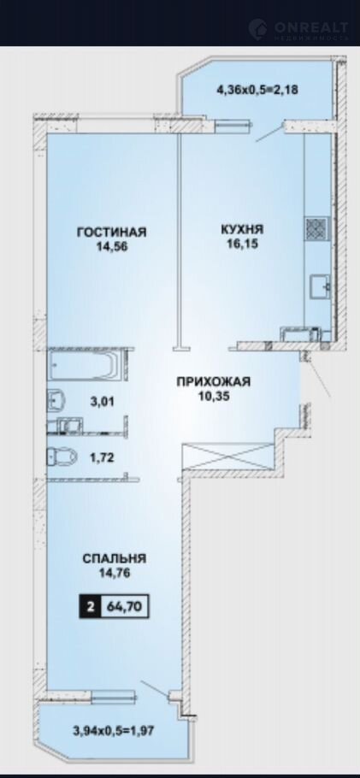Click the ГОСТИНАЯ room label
point(111,232)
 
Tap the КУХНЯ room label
point(242,229)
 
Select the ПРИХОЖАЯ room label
point(214,381)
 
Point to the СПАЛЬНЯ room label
point(115,558)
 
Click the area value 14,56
point(112,246)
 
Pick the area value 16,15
point(241,245)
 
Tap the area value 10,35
point(214,397)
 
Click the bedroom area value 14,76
point(115,573)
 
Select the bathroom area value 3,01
point(103,401)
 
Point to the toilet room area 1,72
point(103,457)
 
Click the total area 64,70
point(125,607)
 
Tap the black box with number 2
point(91,607)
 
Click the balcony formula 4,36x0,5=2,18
point(257,91)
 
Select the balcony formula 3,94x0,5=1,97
point(114,730)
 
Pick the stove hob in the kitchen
point(317,229)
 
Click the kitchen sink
point(321,286)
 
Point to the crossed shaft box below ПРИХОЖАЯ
point(228,456)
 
